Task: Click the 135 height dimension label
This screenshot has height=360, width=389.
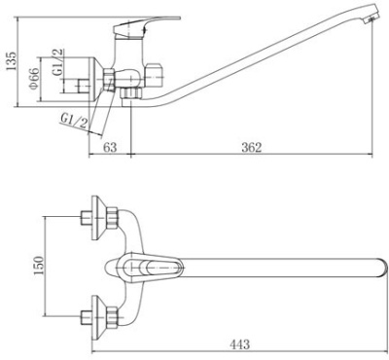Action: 10,61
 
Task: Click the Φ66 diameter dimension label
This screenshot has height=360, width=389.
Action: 34,78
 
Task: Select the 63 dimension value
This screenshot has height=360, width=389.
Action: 110,147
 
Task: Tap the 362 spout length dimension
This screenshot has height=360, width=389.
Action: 252,147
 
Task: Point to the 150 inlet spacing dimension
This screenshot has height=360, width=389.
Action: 38,266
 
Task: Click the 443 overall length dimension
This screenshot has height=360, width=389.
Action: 240,344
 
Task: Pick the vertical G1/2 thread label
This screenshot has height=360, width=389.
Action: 58,62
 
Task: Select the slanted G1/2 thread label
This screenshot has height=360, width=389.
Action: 74,121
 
